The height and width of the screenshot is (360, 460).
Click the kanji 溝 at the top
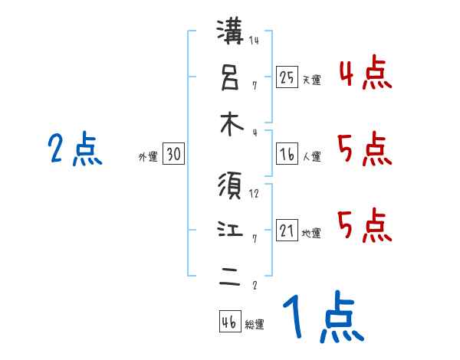point(232,33)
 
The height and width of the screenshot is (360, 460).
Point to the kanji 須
point(232,186)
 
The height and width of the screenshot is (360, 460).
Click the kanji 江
point(232,231)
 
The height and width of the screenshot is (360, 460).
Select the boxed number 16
point(287,155)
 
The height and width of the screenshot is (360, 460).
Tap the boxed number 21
point(287,231)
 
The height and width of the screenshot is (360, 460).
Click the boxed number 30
point(173,155)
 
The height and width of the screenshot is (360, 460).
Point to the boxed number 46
point(229,322)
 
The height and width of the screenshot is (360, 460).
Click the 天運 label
point(311,80)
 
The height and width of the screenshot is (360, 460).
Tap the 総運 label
point(255,325)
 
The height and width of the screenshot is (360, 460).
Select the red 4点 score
point(365,74)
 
